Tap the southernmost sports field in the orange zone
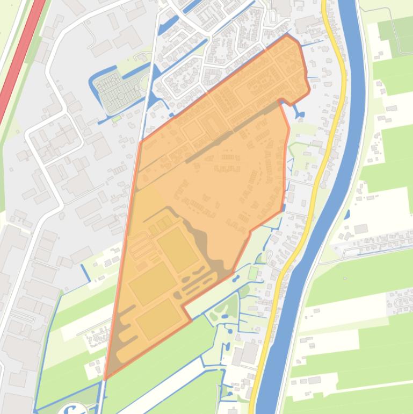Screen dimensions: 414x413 pos(158,318)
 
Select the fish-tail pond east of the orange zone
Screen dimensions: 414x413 pos(298,113)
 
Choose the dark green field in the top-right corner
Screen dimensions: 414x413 pos(397,32)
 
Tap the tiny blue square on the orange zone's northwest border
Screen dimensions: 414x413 pos(172,115)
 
